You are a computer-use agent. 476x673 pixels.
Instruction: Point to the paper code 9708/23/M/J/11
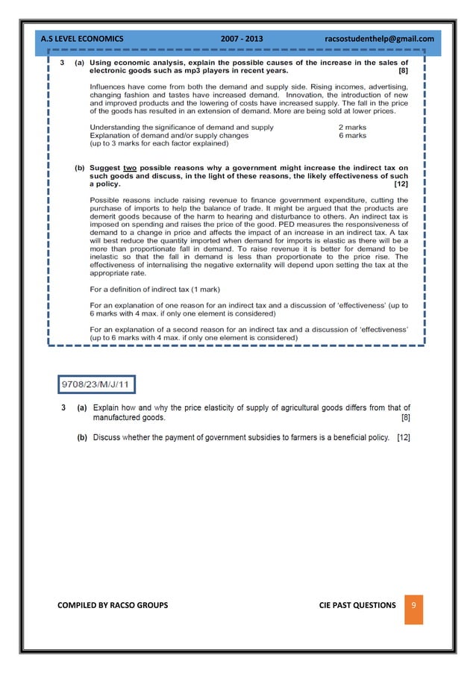click(x=97, y=386)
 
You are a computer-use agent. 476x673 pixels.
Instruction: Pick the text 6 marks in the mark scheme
click(x=352, y=136)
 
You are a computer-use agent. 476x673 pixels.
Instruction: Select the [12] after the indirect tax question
click(x=401, y=184)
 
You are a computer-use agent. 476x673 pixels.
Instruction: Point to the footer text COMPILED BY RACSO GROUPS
click(x=113, y=605)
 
